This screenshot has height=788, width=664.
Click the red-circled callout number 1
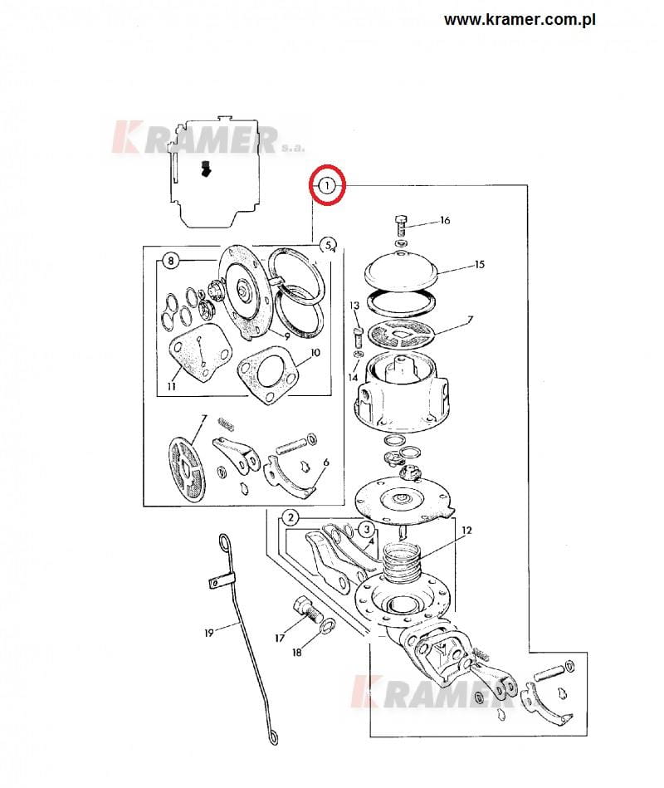point(327,186)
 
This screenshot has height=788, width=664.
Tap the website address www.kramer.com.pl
point(520,20)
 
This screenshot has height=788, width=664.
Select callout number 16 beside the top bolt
point(445,220)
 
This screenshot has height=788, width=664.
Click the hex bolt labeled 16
point(402,226)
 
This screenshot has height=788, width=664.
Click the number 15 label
point(480,264)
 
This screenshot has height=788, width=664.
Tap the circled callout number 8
point(171,261)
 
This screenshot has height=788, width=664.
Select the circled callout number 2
point(290,517)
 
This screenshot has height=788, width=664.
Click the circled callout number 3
point(367,529)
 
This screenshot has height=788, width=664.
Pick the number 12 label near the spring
point(466,531)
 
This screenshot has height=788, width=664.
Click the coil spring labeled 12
point(401,562)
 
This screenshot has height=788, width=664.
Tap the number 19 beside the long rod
point(209,633)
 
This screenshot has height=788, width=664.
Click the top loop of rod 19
point(224,542)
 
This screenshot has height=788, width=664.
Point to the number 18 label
point(297,653)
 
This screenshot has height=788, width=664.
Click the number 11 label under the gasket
point(171,386)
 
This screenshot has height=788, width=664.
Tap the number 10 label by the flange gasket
point(315,352)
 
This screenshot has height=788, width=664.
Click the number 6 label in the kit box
point(326,463)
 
